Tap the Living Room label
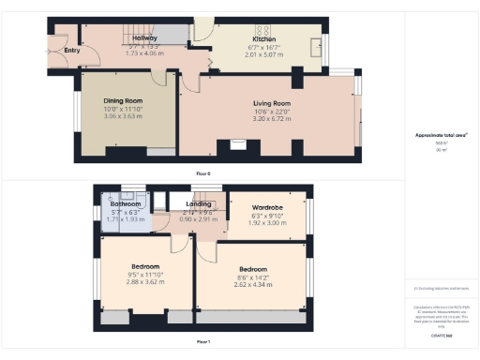point(272,103)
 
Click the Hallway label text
point(144,37)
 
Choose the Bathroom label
point(126,203)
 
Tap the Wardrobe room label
point(268,207)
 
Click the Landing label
point(199,203)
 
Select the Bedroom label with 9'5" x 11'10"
point(145,265)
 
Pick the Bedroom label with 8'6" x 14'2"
point(252,269)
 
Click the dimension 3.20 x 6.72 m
point(272,120)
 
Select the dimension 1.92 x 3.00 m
point(268,223)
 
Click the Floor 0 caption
point(203,174)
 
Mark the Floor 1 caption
point(203,342)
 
